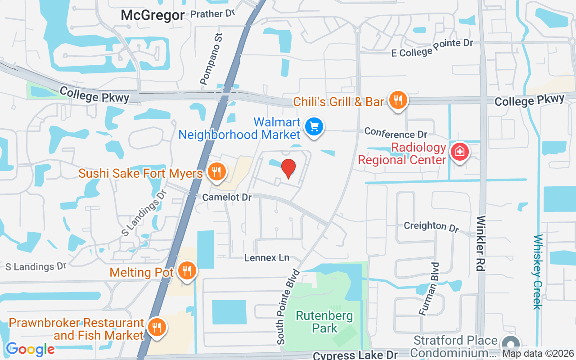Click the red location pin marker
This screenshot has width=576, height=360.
(x=288, y=168)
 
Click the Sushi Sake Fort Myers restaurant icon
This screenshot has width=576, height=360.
(x=217, y=172)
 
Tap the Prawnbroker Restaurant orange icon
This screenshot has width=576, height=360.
(x=156, y=327)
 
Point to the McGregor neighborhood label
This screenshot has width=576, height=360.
(x=153, y=15)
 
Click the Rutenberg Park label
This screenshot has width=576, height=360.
(x=324, y=322)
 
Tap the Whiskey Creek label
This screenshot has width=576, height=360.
(x=537, y=272)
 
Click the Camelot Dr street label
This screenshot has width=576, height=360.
(x=227, y=197)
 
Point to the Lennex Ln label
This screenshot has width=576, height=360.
(x=267, y=258)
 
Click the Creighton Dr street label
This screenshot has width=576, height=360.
(x=431, y=226)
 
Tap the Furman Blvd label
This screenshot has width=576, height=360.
(x=428, y=288)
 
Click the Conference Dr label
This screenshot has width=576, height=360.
(x=396, y=133)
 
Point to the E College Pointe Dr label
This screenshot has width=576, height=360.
(x=432, y=48)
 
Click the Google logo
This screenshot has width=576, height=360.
(x=30, y=349)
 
